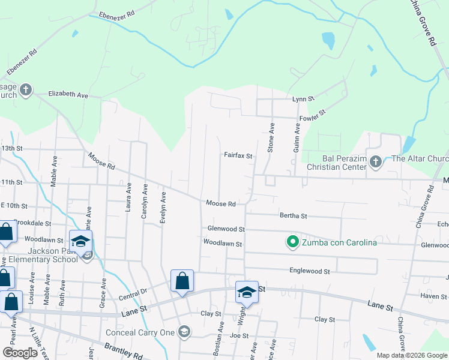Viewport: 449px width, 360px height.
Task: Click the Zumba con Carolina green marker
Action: tap(293, 242)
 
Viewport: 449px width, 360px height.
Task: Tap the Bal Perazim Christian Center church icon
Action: tap(376, 161)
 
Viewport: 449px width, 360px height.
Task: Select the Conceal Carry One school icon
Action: tap(185, 332)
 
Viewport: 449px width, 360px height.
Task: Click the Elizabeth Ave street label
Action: tap(68, 95)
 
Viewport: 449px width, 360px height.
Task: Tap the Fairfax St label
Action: tap(238, 155)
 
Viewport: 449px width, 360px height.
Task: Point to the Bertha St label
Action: tap(293, 215)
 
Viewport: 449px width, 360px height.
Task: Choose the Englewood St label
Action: tap(310, 271)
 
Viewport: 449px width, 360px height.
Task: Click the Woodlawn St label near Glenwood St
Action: tap(222, 244)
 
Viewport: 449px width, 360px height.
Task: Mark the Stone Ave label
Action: tap(271, 137)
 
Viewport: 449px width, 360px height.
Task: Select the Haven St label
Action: tap(433, 296)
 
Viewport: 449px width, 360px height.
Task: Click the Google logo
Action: tap(20, 353)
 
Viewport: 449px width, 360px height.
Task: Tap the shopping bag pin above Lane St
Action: tap(182, 281)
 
